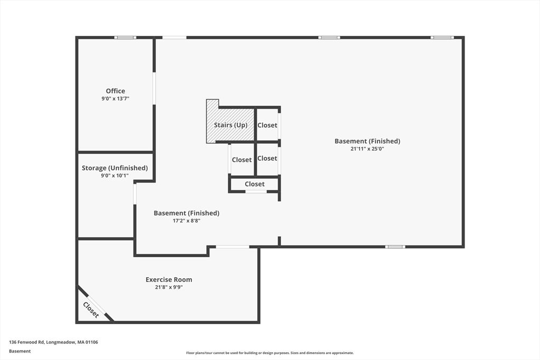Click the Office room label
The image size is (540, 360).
click(x=115, y=91)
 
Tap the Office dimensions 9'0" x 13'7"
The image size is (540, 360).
click(x=115, y=99)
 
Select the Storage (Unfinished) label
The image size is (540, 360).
click(x=114, y=168)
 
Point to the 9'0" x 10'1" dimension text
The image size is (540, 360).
click(x=114, y=176)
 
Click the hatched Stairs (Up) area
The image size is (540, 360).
click(x=230, y=125)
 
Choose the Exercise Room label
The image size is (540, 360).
click(x=169, y=279)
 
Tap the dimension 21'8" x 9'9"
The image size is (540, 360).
click(x=169, y=287)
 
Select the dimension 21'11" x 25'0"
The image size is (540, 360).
click(x=367, y=149)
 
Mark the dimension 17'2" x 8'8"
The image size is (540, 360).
click(x=186, y=221)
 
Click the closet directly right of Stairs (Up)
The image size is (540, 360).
click(x=267, y=125)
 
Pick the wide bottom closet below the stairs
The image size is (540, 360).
click(x=255, y=184)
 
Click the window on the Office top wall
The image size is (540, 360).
click(x=126, y=37)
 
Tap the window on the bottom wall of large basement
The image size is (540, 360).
click(x=395, y=247)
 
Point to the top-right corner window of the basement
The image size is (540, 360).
click(x=442, y=37)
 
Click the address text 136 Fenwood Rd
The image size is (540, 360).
click(x=53, y=342)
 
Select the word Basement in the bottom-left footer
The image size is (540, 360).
click(x=20, y=351)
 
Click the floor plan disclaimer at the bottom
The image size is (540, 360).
click(x=269, y=353)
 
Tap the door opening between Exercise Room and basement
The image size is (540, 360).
click(x=233, y=247)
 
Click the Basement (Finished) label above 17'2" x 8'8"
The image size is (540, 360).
click(x=186, y=213)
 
